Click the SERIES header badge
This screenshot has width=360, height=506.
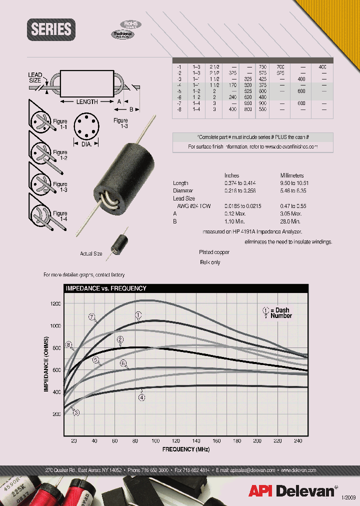(x=51, y=29)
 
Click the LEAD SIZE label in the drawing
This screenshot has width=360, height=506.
(x=35, y=77)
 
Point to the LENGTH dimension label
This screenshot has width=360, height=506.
(x=87, y=102)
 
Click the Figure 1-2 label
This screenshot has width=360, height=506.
(x=60, y=155)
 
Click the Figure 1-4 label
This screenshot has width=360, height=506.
(x=60, y=216)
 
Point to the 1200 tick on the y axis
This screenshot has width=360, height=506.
(x=55, y=303)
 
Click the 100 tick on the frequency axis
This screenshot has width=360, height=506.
(x=155, y=440)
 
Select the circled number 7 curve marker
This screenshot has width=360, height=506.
(x=91, y=316)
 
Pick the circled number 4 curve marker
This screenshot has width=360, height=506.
(x=142, y=397)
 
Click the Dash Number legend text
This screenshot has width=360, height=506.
(x=280, y=313)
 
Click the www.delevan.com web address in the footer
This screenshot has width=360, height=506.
(x=298, y=470)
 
